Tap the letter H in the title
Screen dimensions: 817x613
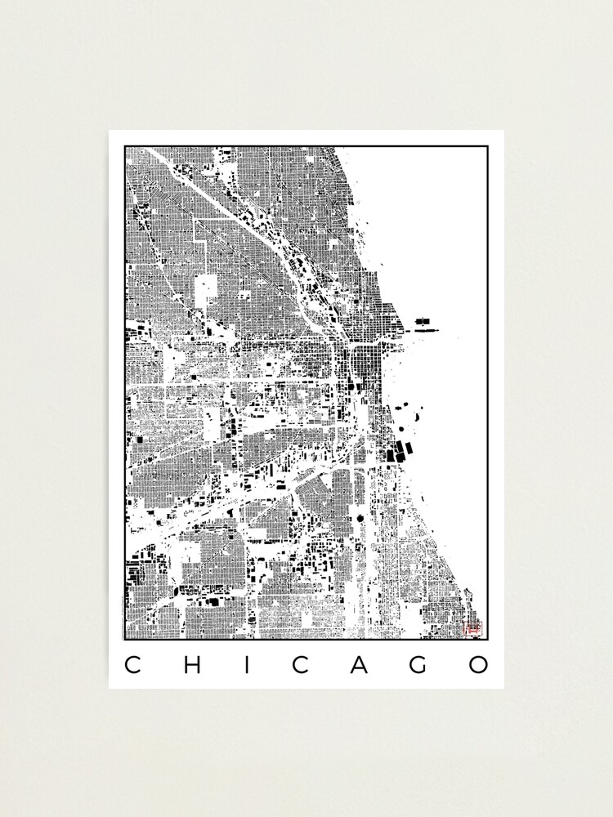pyautogui.click(x=190, y=664)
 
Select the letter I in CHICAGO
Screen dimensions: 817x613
pyautogui.click(x=244, y=664)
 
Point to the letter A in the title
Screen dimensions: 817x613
pyautogui.click(x=360, y=664)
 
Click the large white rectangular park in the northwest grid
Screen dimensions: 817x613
pyautogui.click(x=206, y=292)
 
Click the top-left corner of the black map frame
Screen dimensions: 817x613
pyautogui.click(x=125, y=147)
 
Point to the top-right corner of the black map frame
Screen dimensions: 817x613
pyautogui.click(x=488, y=147)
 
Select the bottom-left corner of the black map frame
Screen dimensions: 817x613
pyautogui.click(x=125, y=639)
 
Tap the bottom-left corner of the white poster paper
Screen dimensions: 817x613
pyautogui.click(x=110, y=688)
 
